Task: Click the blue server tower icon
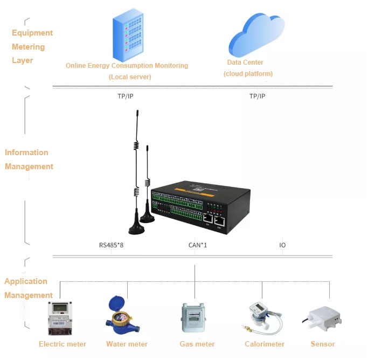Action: (x=128, y=34)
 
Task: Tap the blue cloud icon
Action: (x=256, y=34)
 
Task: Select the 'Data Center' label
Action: (x=245, y=63)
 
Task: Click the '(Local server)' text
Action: (x=130, y=77)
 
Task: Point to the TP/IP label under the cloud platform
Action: (x=257, y=96)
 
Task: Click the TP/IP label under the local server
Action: (x=126, y=96)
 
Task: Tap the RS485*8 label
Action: (x=111, y=245)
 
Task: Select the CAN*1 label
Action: (x=198, y=245)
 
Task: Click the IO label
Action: (x=282, y=245)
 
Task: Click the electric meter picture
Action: (x=60, y=318)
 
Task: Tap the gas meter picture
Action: (x=193, y=317)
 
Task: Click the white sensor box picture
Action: (x=322, y=318)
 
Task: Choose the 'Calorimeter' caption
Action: (x=265, y=344)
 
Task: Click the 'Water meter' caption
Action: (x=127, y=344)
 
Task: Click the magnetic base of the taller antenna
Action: (x=136, y=227)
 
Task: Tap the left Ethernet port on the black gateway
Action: (x=207, y=218)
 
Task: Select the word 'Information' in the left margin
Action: (x=26, y=153)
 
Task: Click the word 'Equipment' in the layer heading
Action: (x=32, y=33)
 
